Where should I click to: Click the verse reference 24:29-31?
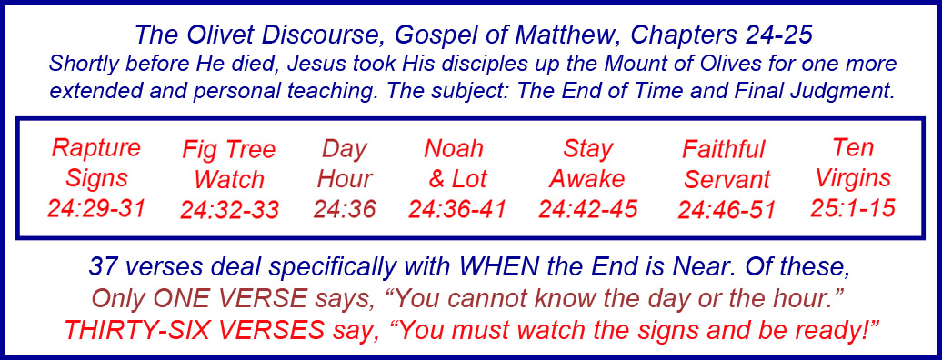click(x=96, y=208)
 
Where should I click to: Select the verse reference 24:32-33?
click(x=229, y=210)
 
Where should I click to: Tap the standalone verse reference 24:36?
click(x=345, y=209)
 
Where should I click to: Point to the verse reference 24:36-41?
click(x=457, y=209)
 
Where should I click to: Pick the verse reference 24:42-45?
click(x=587, y=209)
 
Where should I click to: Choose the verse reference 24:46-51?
click(x=727, y=210)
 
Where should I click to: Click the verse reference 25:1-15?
click(x=853, y=208)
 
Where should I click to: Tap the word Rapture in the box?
click(x=96, y=148)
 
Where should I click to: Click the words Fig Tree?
click(x=229, y=150)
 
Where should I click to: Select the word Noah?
click(x=454, y=149)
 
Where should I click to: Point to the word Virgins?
click(x=853, y=178)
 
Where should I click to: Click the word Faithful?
click(x=724, y=150)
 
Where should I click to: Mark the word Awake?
click(x=587, y=179)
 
